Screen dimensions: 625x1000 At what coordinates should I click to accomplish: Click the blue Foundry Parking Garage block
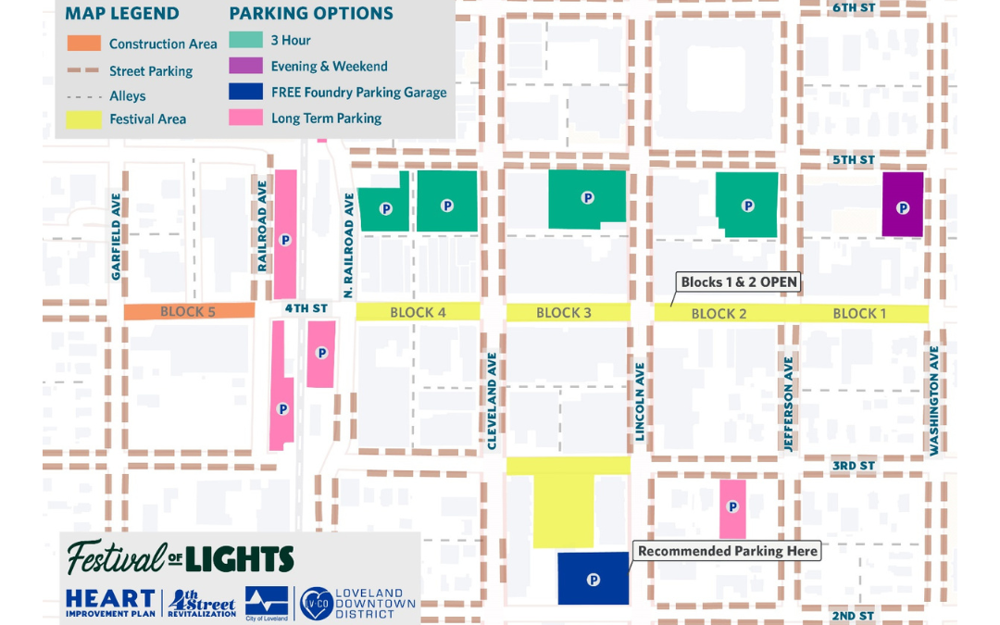point(594,579)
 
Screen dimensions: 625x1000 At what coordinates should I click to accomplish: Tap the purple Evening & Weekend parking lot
point(903,204)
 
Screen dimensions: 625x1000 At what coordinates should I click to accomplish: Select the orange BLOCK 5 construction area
point(189,312)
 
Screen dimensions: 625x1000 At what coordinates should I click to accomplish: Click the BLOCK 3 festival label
point(564,313)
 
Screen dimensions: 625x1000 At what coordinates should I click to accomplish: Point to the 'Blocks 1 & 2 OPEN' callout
point(738,282)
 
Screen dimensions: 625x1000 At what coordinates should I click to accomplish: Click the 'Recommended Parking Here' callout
point(727,551)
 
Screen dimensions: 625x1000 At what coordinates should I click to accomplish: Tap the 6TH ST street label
point(853,7)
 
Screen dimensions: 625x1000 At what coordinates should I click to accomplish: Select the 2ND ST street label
point(853,616)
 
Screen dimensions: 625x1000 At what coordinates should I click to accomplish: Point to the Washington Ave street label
point(935,400)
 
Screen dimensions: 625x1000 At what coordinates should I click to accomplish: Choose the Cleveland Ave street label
point(493,401)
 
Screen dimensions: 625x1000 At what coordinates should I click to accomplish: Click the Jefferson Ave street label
point(789,405)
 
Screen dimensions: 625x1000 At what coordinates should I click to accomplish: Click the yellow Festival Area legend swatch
point(84,119)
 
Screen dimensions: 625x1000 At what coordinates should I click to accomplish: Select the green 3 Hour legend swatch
point(245,41)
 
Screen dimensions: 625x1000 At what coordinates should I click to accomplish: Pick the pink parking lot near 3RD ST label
point(732,507)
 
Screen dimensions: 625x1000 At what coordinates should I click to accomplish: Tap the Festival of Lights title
point(181,557)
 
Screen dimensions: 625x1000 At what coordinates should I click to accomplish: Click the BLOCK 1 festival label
point(859,314)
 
